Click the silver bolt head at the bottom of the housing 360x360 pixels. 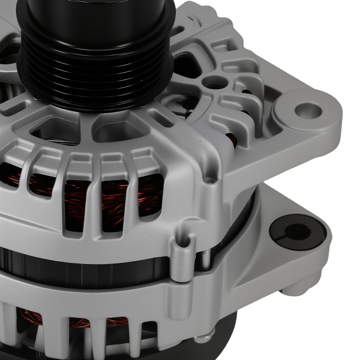199,339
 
